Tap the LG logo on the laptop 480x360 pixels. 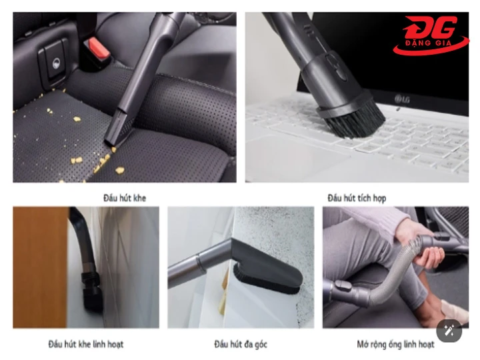(402, 99)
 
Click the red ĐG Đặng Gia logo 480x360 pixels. (431, 35)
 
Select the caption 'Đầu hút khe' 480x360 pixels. (125, 198)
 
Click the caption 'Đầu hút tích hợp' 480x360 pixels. (357, 198)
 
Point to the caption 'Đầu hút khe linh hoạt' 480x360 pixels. (86, 344)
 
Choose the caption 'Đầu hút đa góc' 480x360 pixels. (241, 344)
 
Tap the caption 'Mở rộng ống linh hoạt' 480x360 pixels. (395, 344)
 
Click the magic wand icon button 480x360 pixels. (449, 331)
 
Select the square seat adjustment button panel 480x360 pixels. (53, 61)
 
